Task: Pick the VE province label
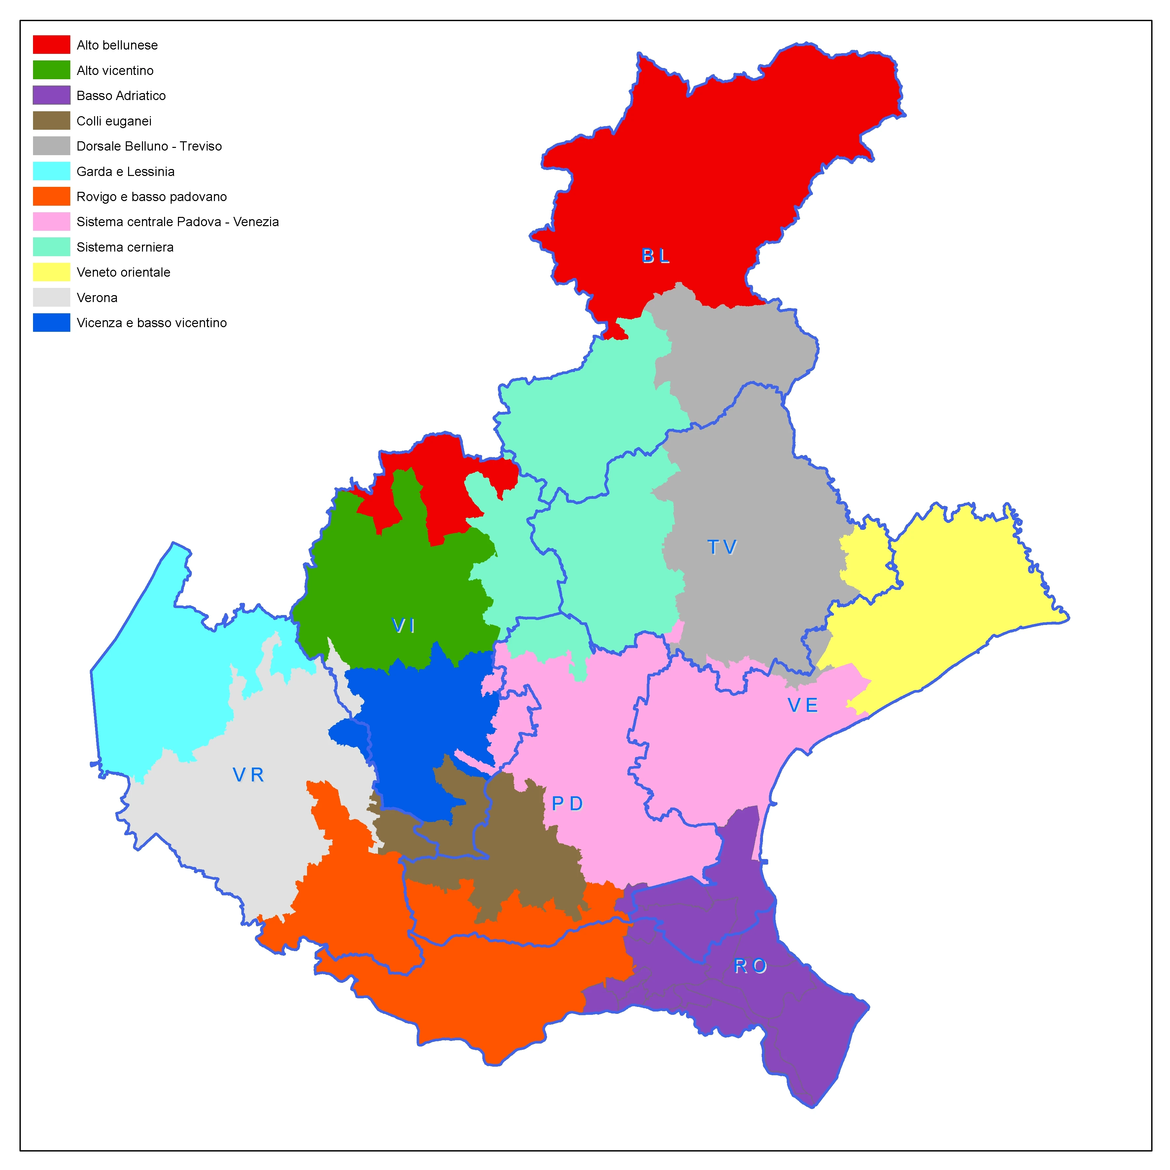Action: [x=803, y=705]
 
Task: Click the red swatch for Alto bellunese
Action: [x=52, y=45]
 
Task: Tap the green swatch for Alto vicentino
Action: [x=52, y=70]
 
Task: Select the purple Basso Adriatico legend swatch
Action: [x=52, y=96]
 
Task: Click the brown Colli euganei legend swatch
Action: [x=52, y=121]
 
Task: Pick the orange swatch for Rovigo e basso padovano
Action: [x=52, y=197]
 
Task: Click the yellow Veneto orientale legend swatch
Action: [x=52, y=272]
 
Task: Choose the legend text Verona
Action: [x=97, y=298]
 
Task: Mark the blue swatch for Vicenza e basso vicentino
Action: [x=52, y=323]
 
